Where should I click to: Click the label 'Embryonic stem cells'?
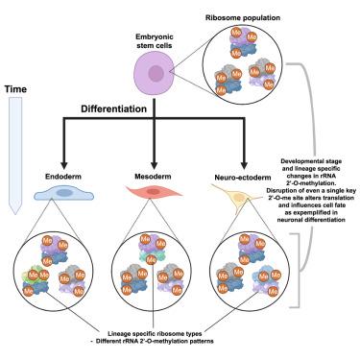(x=155, y=41)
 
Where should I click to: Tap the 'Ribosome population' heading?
(x=243, y=17)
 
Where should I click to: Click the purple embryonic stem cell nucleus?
(x=156, y=73)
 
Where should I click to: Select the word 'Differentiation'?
(x=113, y=108)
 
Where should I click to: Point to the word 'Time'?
(x=15, y=89)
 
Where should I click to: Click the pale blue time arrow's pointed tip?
(x=15, y=214)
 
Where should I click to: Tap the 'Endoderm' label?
(x=63, y=177)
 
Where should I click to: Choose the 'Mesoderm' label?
(x=153, y=177)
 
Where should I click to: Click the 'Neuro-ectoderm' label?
(x=243, y=178)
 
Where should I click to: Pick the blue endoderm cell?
(x=63, y=193)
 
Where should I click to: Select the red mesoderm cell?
(x=154, y=192)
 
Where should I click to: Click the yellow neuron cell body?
(x=237, y=197)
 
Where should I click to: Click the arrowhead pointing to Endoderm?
(x=64, y=165)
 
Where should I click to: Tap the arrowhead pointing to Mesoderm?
(x=154, y=165)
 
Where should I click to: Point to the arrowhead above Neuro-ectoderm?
(x=244, y=165)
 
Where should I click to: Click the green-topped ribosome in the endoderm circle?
(x=36, y=281)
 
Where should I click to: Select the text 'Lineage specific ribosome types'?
(x=155, y=333)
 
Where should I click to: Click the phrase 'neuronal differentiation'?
(x=311, y=220)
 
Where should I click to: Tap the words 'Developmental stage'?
(x=311, y=161)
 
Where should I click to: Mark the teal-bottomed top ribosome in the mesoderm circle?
(x=152, y=250)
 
